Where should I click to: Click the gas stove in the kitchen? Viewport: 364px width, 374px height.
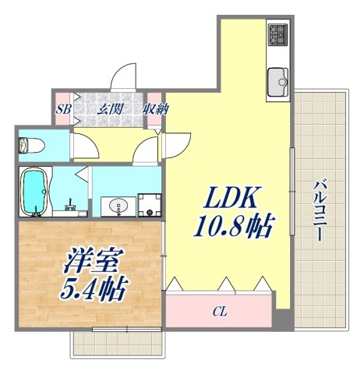coord(278,34)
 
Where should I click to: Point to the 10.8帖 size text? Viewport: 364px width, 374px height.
coord(232,227)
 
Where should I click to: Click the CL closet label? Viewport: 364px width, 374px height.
coord(220,312)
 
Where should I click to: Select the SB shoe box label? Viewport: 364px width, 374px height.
coord(63,110)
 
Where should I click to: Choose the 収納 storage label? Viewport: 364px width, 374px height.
coord(154,110)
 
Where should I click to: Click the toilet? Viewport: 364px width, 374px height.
coord(36,145)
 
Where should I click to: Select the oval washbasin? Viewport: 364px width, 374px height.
coord(119,206)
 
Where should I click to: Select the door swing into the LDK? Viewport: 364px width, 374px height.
coord(176,144)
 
